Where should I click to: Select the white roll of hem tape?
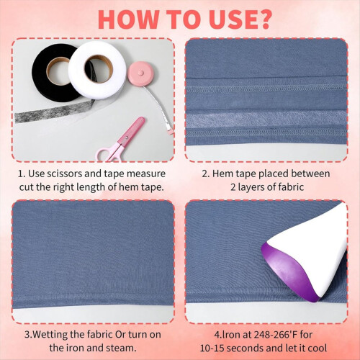97,70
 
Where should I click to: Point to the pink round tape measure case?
140,73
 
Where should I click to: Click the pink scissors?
120,140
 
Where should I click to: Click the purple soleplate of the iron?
288,274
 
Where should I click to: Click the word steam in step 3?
122,348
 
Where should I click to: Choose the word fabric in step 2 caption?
291,187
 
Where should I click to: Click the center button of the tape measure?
141,73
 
